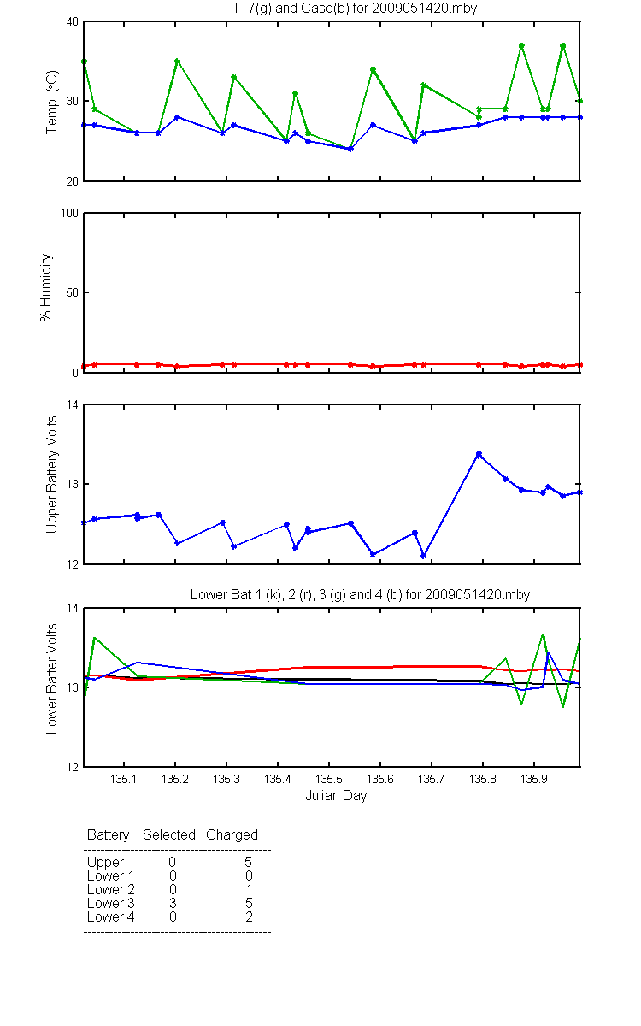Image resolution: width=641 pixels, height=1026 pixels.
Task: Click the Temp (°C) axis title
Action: (52, 102)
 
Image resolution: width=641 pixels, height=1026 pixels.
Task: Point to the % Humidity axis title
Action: (46, 287)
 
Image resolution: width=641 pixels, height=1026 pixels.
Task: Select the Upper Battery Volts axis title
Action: (52, 475)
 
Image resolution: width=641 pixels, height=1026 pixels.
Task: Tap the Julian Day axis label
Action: (336, 796)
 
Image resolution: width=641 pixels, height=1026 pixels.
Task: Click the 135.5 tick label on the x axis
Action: (329, 779)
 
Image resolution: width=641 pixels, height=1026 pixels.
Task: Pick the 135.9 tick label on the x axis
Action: (534, 779)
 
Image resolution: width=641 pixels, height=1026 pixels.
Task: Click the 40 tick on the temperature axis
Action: (73, 22)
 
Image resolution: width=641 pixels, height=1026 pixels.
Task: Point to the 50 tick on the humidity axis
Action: (73, 292)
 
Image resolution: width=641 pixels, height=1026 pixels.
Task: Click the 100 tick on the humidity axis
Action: (69, 213)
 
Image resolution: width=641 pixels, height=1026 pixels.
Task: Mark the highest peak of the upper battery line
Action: (479, 454)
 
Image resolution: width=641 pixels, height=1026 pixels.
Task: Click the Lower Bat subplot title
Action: (361, 594)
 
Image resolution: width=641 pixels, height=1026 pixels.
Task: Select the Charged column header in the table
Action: (232, 835)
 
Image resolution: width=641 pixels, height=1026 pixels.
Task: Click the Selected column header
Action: (169, 834)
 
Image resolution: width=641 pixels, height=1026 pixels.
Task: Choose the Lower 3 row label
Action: (111, 903)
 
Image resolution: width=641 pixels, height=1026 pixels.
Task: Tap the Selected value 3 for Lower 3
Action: (173, 903)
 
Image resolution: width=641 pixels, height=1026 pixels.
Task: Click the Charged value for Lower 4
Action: (249, 917)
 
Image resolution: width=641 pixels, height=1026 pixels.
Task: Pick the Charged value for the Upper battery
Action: (248, 862)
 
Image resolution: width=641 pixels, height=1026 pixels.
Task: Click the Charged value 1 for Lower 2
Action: (249, 889)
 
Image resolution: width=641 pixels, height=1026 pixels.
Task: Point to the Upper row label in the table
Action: (105, 863)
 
